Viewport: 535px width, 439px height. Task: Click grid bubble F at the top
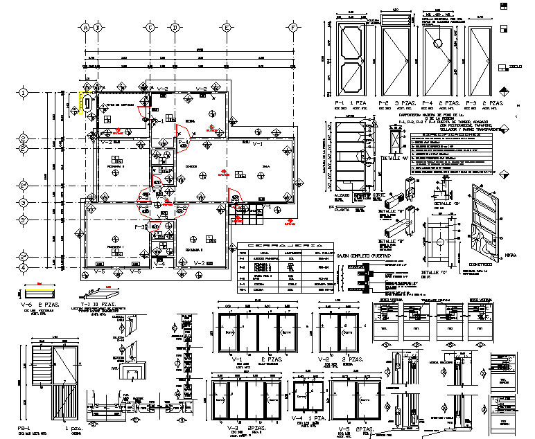coord(293,28)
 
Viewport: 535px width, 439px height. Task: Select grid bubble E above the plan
coord(227,28)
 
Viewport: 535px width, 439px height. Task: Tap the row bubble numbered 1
coord(23,92)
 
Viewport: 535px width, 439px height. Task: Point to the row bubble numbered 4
coord(23,267)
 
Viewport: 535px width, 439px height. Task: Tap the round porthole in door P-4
coord(439,44)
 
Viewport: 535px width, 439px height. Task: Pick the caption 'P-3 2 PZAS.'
coord(484,102)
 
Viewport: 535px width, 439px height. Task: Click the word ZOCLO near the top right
coord(514,66)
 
